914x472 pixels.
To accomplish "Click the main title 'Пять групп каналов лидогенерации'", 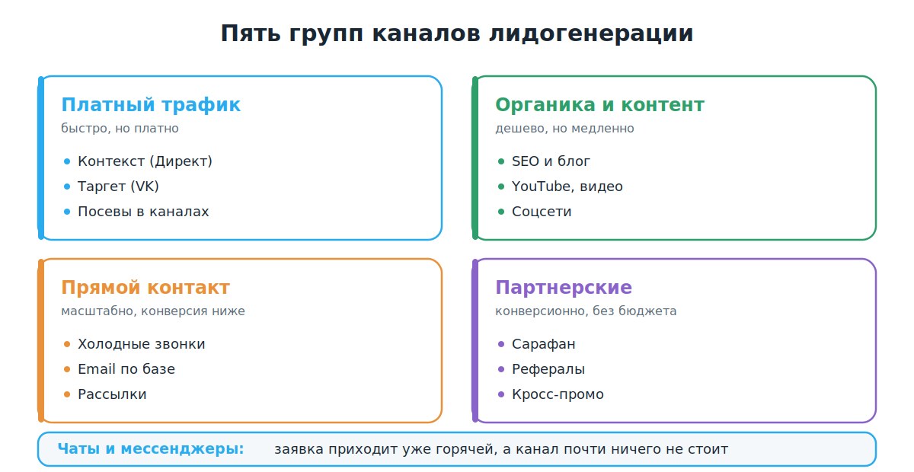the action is click(457, 33).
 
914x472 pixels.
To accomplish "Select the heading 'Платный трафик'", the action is click(151, 105).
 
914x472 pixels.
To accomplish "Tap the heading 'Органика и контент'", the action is click(600, 105).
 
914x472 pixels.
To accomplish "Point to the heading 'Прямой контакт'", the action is click(145, 288).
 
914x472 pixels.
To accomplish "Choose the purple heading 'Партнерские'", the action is click(564, 288).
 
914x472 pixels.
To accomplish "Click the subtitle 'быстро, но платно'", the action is click(120, 128).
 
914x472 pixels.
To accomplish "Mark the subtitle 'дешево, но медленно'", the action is click(564, 128).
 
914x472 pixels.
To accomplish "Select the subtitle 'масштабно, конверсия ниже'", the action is click(153, 311).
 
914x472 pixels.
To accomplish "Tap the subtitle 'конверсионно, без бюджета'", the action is click(586, 311).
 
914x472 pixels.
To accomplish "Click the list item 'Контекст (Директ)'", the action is click(145, 161).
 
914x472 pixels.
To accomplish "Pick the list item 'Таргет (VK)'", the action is click(118, 187).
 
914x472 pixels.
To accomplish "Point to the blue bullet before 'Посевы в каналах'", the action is click(67, 212).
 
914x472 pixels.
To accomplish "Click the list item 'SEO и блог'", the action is click(551, 161).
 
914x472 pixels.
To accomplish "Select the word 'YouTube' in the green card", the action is click(541, 187).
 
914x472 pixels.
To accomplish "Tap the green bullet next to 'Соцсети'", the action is click(501, 212).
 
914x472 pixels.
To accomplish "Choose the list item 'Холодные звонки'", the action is click(142, 344).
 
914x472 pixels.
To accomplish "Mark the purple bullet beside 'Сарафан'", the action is click(501, 344).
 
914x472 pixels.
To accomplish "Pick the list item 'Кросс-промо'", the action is click(558, 394).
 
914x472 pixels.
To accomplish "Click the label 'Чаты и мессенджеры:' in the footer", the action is click(151, 449).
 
